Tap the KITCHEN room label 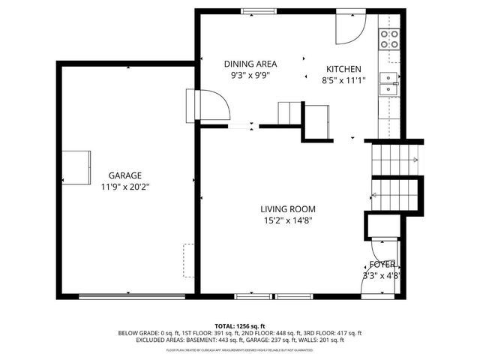[x=343, y=68]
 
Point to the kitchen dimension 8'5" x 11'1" [x=343, y=79]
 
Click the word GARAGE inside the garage [x=124, y=175]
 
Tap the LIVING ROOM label [x=288, y=209]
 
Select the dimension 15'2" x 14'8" [x=288, y=220]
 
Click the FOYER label [x=382, y=265]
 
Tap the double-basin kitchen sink [x=388, y=84]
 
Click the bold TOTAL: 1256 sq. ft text [x=240, y=326]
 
